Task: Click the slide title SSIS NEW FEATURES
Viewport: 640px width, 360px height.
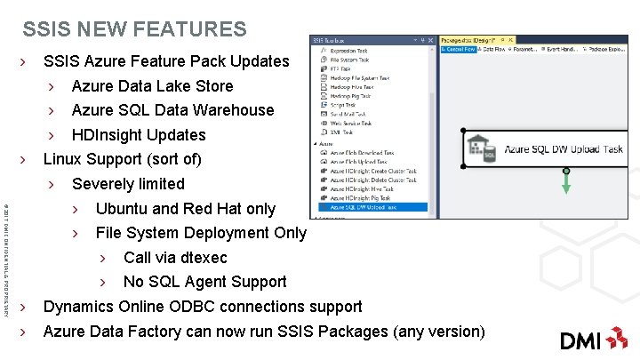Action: click(x=135, y=29)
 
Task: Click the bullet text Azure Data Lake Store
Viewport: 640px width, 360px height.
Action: click(x=152, y=86)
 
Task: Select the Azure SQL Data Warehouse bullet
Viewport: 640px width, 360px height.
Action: click(x=172, y=110)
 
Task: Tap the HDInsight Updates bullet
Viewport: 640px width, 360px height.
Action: click(x=138, y=135)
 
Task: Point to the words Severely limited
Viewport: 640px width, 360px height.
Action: click(x=128, y=184)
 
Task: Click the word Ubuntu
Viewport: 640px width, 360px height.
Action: click(x=122, y=209)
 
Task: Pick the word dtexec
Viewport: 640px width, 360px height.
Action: click(x=204, y=258)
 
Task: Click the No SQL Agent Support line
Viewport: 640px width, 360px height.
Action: click(x=204, y=282)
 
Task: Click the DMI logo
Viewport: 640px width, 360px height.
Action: click(x=593, y=339)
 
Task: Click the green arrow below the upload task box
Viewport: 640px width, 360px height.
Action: click(x=565, y=183)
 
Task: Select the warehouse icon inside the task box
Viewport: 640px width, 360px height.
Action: click(x=483, y=149)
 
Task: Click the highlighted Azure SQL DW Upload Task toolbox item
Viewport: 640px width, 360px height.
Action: click(x=365, y=206)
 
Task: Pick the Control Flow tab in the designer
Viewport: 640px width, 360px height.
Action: click(x=460, y=50)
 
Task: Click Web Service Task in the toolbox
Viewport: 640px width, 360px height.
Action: click(x=354, y=124)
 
